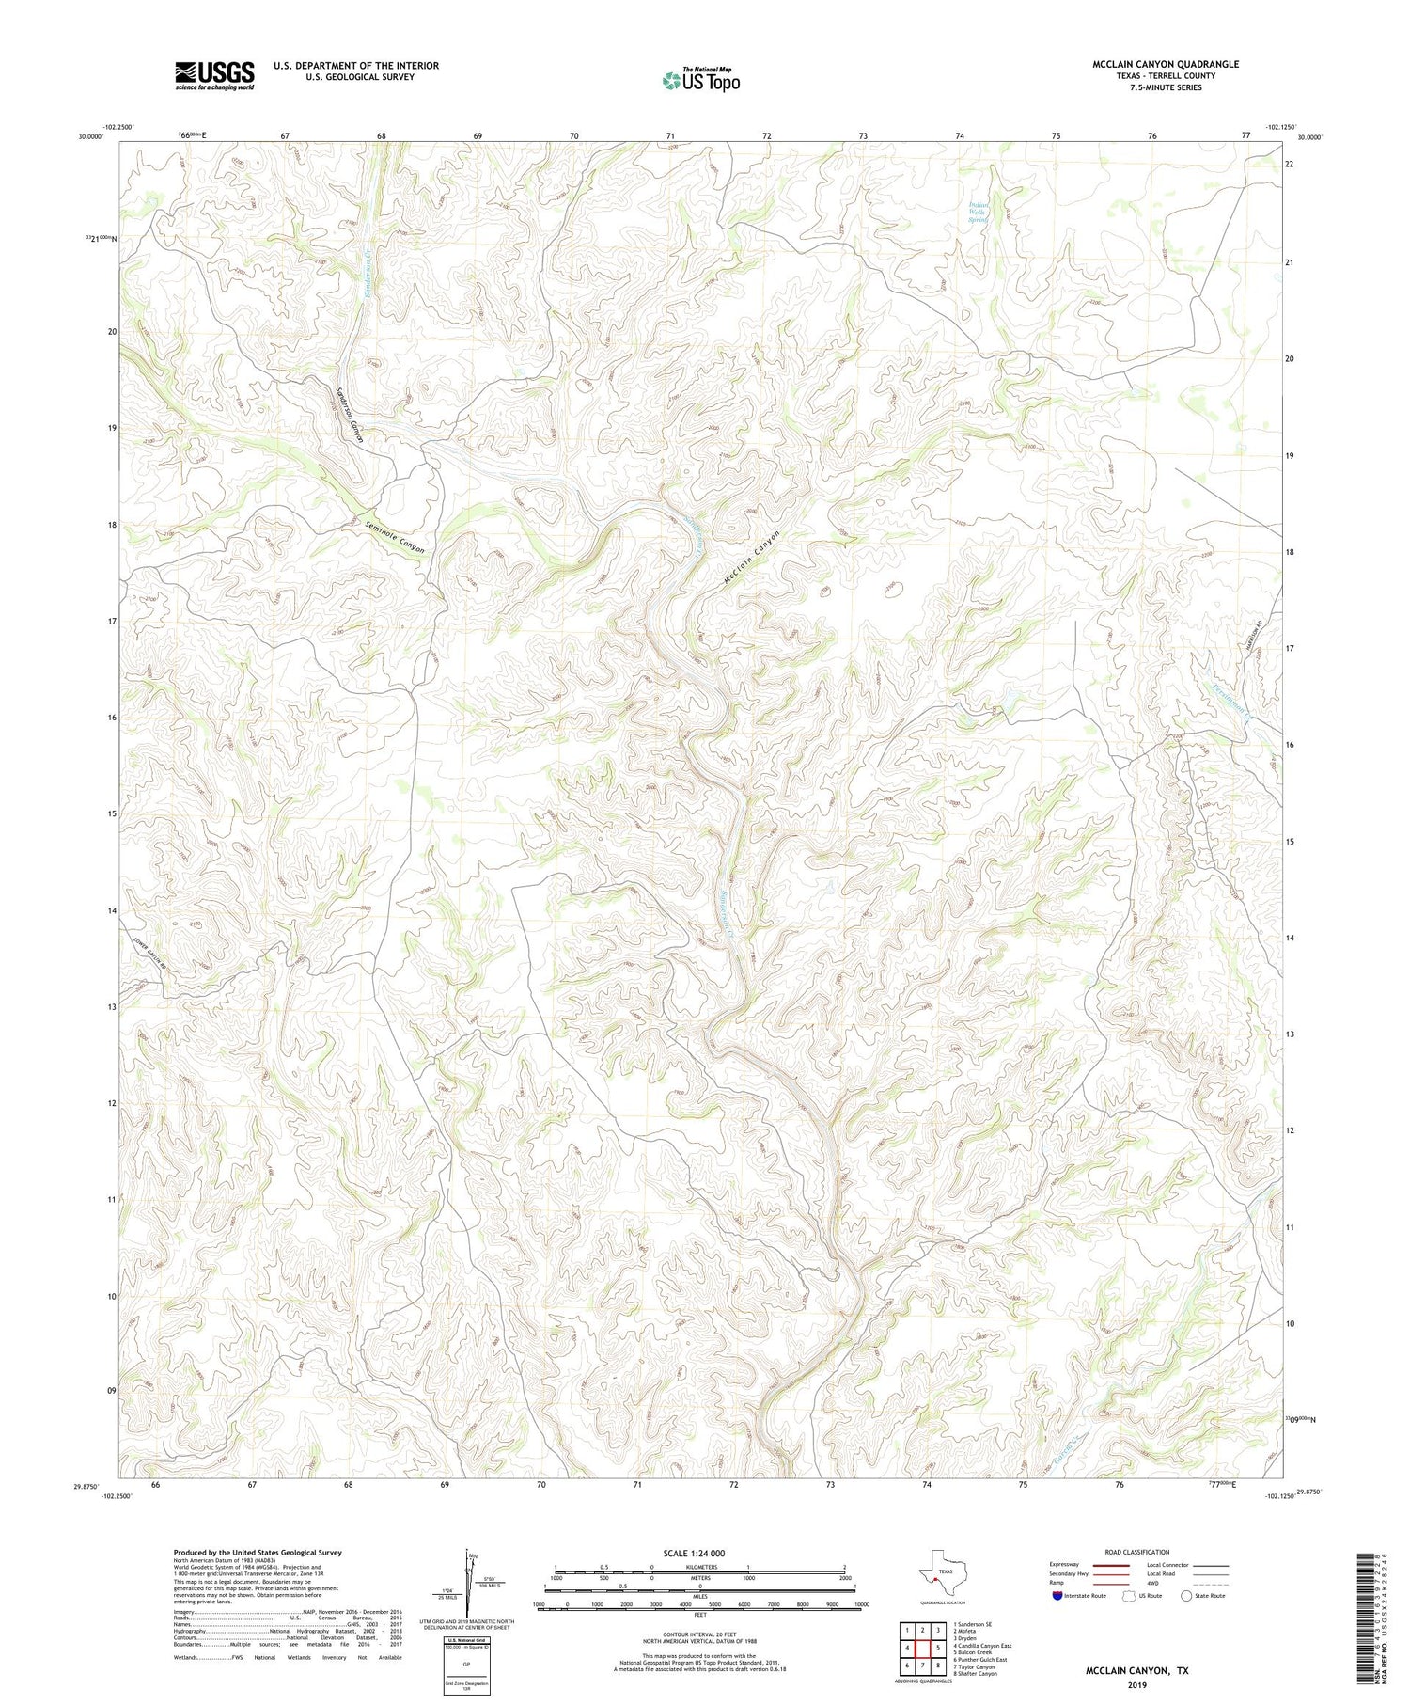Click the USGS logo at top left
(214, 75)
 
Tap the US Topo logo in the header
(699, 80)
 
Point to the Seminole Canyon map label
(395, 537)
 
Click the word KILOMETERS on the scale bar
(700, 1567)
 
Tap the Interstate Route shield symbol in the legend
(1058, 1596)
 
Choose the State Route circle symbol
(1187, 1595)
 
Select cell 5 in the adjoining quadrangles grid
(938, 1648)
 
